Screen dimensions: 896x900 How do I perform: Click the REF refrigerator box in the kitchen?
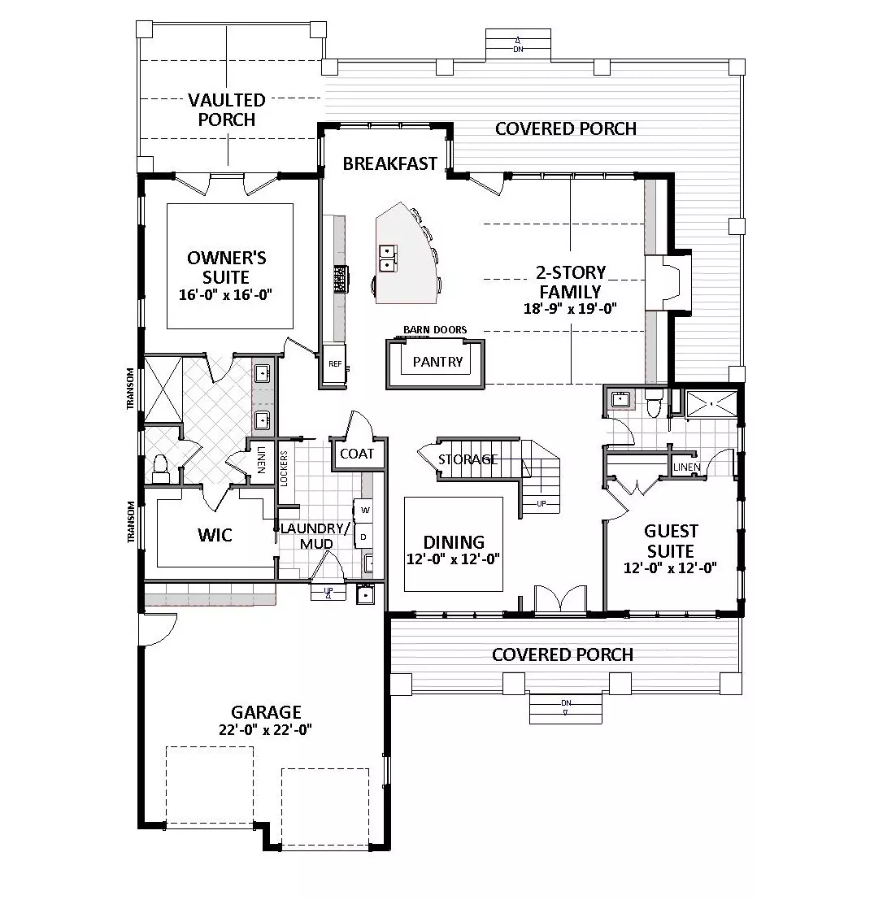[x=334, y=364]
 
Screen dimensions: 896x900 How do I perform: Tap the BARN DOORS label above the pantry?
[x=435, y=329]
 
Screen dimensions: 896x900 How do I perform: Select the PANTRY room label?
[x=437, y=362]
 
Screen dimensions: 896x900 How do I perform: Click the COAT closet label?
[x=357, y=454]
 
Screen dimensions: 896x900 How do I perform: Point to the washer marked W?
[x=364, y=510]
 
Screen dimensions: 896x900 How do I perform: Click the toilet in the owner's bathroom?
[x=159, y=467]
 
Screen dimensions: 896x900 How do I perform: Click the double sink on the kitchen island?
[x=388, y=257]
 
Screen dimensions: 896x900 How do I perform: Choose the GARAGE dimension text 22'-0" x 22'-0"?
[x=265, y=729]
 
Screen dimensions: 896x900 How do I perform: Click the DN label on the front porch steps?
[x=566, y=703]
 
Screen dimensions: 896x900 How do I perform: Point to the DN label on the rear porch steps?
[x=518, y=50]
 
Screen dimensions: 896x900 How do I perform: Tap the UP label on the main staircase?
[x=542, y=504]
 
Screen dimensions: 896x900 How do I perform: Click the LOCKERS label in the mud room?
[x=284, y=468]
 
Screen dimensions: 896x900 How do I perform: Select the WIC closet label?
[x=215, y=535]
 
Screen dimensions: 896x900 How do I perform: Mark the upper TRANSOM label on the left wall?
[x=130, y=389]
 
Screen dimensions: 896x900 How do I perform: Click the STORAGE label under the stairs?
[x=468, y=459]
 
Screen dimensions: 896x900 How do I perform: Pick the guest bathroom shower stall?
[x=711, y=404]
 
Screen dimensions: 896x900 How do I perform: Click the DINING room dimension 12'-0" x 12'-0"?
[x=454, y=559]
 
